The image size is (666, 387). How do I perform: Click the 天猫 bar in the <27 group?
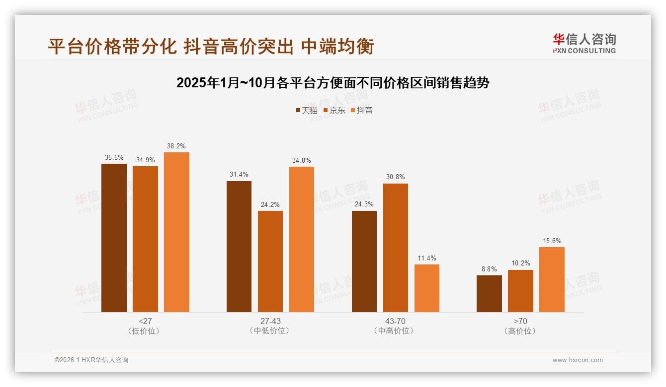114,238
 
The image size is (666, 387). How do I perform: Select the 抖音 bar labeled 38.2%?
176,232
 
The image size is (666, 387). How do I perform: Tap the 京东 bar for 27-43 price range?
270,261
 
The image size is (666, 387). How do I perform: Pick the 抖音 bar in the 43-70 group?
427,288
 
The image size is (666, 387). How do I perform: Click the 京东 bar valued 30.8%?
396,248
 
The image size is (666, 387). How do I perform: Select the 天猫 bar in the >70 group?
489,294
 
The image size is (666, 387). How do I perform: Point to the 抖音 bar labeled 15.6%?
552,279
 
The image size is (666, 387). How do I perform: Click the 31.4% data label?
239,175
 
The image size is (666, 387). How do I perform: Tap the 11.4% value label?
427,258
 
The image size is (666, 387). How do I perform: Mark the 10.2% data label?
520,263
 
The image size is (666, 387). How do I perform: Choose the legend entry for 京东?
334,110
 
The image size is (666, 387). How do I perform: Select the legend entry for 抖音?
361,110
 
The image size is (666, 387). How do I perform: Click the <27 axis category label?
145,321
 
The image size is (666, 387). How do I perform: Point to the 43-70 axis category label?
396,321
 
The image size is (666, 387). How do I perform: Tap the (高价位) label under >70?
520,331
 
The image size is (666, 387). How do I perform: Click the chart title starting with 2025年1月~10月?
333,83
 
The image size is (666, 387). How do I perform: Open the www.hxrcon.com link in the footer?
578,360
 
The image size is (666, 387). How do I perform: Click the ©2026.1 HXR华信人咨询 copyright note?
91,360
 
